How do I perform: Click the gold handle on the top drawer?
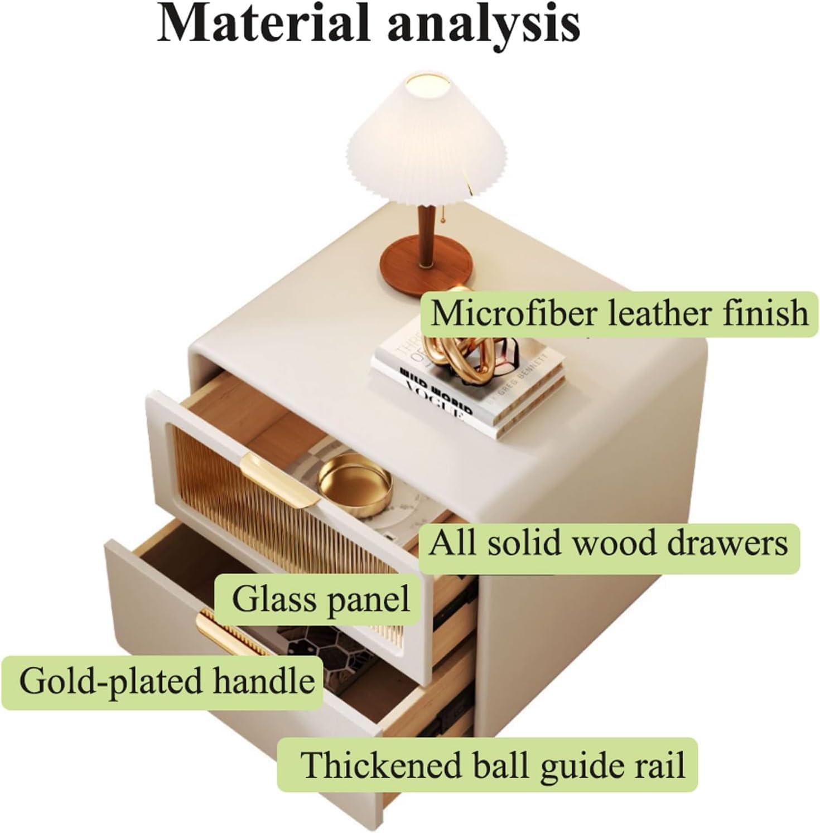point(279,477)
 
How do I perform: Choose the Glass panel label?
point(321,600)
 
